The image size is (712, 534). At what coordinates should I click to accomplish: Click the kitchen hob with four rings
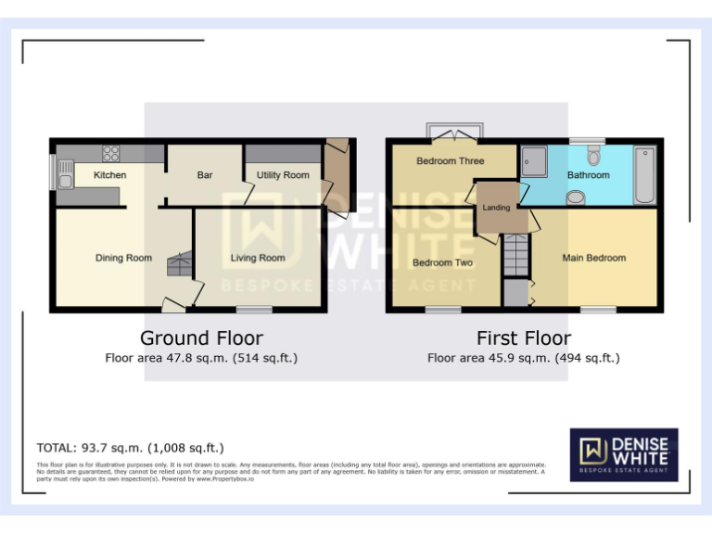[x=111, y=154]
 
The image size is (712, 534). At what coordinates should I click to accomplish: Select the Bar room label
[x=205, y=175]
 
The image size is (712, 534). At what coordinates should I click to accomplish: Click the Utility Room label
[x=283, y=175]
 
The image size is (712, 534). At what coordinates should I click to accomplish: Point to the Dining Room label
[x=123, y=258]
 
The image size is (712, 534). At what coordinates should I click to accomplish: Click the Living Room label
[x=258, y=258]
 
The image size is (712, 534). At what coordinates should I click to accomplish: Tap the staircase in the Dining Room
[x=178, y=265]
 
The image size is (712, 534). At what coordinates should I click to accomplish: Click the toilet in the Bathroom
[x=594, y=154]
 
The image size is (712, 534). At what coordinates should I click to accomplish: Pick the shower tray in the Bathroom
[x=534, y=161]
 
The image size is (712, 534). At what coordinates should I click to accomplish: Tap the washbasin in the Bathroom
[x=576, y=197]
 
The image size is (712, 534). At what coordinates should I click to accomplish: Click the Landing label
[x=496, y=208]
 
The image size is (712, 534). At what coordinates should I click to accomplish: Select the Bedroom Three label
[x=450, y=161]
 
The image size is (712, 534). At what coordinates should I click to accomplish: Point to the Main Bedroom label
[x=593, y=258]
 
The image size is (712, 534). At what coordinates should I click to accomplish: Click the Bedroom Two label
[x=442, y=262]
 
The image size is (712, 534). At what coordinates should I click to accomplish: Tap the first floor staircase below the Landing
[x=515, y=255]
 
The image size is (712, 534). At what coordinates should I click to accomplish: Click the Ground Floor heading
[x=201, y=338]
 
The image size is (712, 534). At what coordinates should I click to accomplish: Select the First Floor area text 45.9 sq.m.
[x=523, y=358]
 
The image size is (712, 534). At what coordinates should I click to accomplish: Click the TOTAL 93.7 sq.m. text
[x=130, y=448]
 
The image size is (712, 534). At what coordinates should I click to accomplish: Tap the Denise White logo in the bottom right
[x=623, y=454]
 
